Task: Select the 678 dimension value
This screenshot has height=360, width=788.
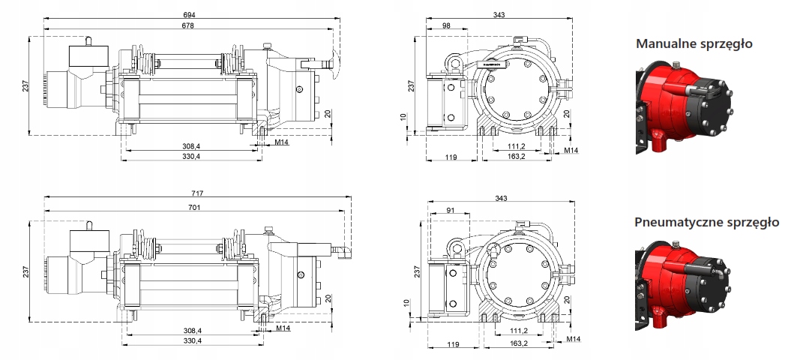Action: click(187, 26)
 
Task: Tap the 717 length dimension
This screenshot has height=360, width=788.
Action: click(198, 193)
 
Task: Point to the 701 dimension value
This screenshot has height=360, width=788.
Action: click(198, 207)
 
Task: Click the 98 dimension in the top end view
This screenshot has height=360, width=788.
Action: click(446, 26)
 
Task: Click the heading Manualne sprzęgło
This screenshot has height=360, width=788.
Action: click(694, 44)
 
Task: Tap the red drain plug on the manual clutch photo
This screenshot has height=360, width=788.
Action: click(658, 140)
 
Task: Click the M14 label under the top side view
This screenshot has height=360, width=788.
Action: click(282, 142)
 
